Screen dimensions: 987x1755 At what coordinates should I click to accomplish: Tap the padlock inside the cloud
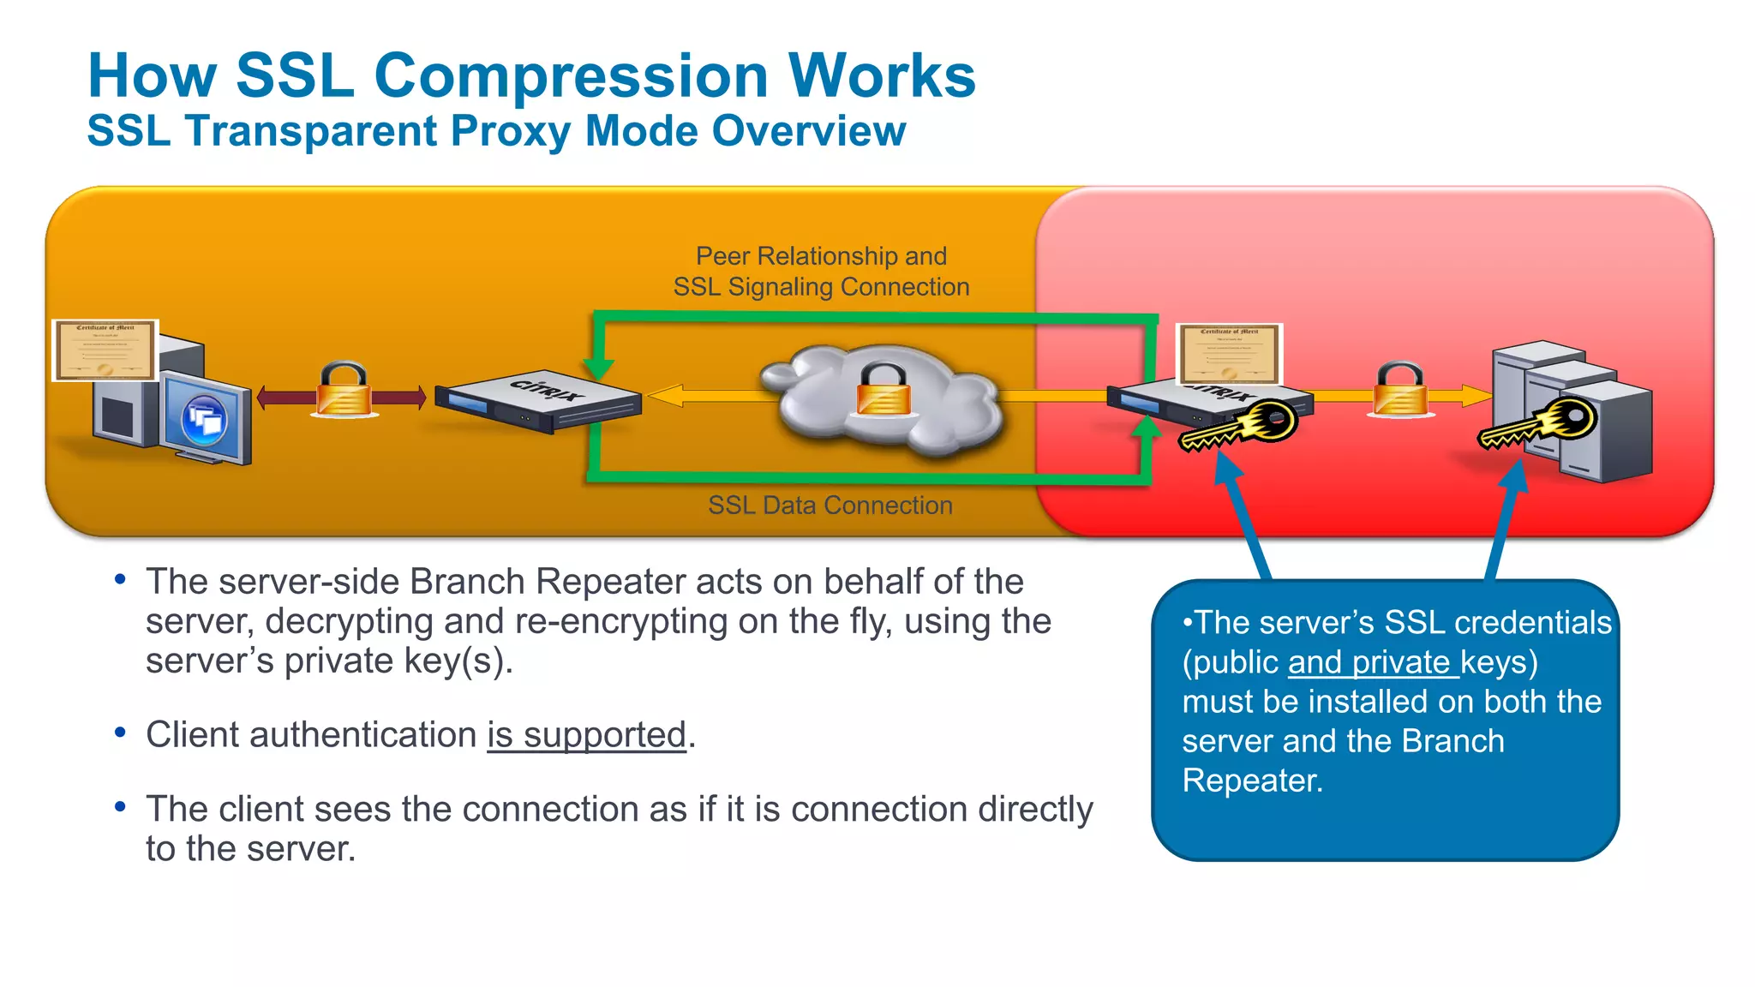883,390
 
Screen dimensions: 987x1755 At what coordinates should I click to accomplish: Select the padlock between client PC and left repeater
344,391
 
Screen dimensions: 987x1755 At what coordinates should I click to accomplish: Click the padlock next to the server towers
1400,391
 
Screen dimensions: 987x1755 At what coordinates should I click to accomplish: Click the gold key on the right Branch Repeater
1239,427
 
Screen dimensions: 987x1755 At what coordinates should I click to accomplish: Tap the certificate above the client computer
105,350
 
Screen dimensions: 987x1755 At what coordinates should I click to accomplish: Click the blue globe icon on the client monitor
204,419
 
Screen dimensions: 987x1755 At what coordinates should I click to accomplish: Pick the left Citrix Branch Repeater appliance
538,401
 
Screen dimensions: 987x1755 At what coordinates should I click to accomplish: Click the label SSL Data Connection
830,505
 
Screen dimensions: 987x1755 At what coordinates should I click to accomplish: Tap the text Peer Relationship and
821,256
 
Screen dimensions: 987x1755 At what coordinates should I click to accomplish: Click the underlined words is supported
587,735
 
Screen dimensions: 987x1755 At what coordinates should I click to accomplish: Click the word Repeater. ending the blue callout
1252,781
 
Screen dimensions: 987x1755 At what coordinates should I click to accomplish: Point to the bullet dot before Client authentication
121,733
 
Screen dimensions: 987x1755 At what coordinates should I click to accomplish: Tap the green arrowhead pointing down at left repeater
598,368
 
